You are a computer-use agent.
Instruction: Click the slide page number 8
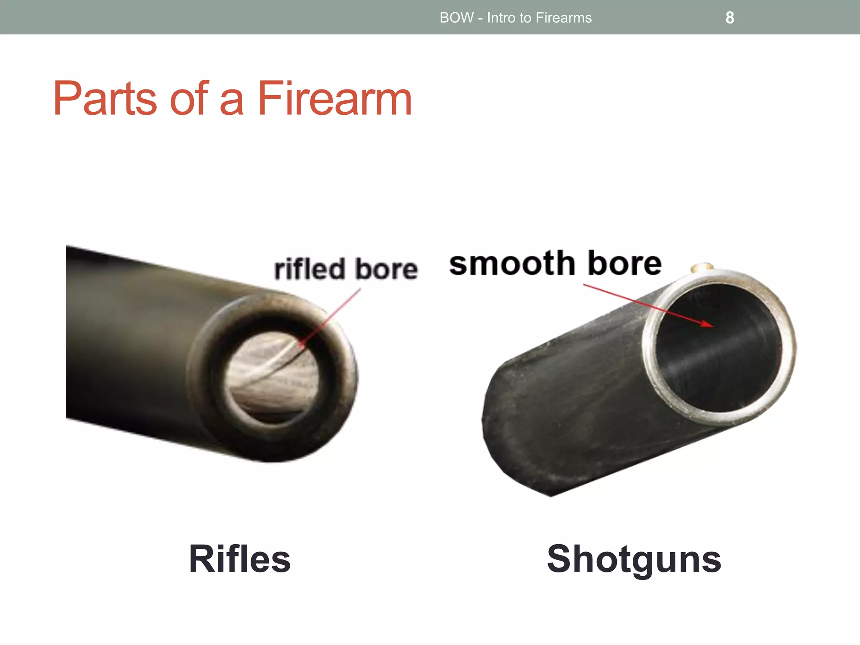pos(730,18)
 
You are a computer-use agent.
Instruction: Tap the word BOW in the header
pos(456,18)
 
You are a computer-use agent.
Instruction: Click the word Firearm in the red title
pos(334,99)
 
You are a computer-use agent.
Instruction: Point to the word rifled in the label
pos(309,269)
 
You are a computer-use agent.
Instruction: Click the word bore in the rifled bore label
pos(387,269)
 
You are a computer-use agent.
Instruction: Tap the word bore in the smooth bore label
pos(624,264)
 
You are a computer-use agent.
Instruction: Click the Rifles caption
pos(239,559)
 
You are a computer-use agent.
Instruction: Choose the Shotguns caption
pos(634,559)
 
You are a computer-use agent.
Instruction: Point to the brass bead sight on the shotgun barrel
pos(702,267)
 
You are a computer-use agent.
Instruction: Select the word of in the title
pos(189,99)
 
